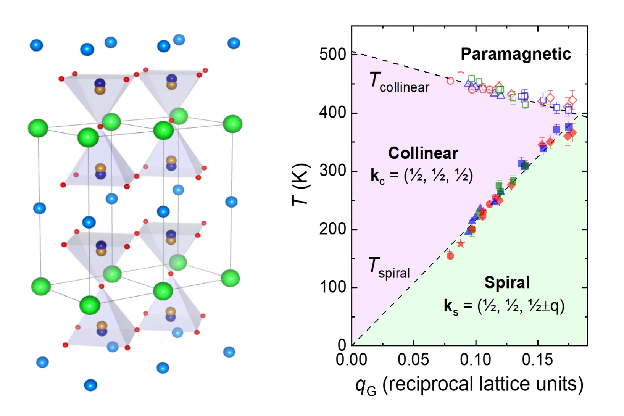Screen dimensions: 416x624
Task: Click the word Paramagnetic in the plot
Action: click(516, 54)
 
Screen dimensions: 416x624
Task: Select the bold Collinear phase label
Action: click(423, 153)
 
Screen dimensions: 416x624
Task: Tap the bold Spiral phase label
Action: click(507, 283)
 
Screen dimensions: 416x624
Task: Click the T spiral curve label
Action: click(389, 268)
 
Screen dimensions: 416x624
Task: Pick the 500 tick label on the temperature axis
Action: click(332, 55)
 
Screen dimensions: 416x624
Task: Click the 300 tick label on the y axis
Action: click(332, 171)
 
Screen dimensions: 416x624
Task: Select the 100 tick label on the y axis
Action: click(332, 287)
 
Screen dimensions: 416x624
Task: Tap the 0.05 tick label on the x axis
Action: click(413, 360)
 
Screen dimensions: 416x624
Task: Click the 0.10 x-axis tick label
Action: click(475, 360)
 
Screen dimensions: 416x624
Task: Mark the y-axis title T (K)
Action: click(300, 185)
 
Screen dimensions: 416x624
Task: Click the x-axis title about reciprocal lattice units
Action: click(469, 385)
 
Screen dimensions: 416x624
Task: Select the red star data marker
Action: click(461, 243)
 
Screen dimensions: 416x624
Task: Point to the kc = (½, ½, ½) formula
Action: click(422, 176)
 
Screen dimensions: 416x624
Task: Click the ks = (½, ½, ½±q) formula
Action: click(504, 306)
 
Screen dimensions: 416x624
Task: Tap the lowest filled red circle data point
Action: click(450, 256)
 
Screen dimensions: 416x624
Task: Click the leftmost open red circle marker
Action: click(450, 81)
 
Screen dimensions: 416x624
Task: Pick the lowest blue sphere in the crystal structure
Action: click(90, 385)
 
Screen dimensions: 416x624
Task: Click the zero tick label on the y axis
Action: click(342, 345)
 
